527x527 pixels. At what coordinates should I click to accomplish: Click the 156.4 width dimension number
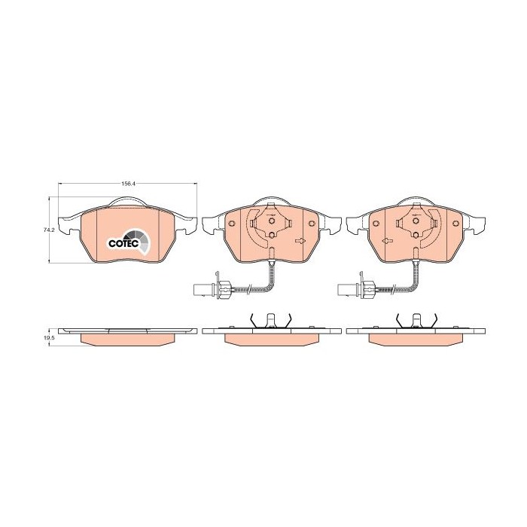point(128,183)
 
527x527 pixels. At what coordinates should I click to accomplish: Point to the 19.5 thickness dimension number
point(49,339)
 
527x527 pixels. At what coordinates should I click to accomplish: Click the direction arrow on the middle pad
point(300,241)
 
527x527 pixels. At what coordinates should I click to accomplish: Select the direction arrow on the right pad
point(388,241)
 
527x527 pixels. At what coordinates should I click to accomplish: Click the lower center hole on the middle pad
point(270,236)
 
